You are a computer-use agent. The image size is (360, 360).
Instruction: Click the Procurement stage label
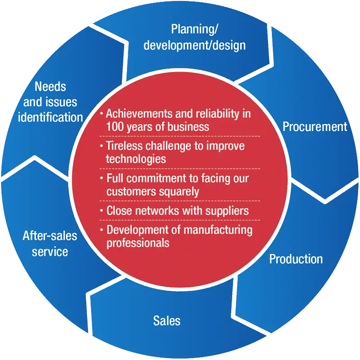tap(315, 126)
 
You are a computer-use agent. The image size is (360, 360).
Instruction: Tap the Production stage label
tap(296, 259)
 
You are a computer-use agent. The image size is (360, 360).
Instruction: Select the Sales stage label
tap(166, 320)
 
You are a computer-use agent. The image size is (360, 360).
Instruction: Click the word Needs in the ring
tap(50, 86)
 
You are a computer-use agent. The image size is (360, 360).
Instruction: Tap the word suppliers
tap(227, 211)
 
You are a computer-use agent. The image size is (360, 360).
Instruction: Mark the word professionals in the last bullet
tap(138, 243)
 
